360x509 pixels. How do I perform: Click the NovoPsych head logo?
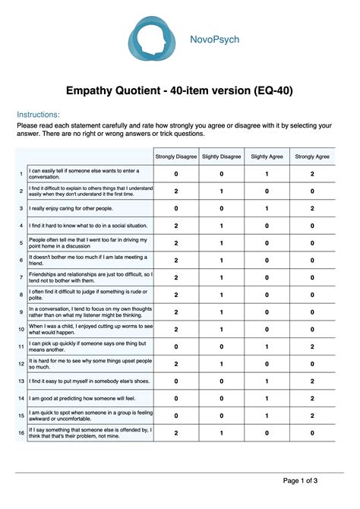[152, 37]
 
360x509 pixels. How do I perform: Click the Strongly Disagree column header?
[176, 156]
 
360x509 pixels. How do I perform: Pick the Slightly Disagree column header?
[222, 156]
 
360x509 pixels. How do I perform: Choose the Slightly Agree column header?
[267, 156]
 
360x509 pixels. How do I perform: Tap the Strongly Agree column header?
[312, 156]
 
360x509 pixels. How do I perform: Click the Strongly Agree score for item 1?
[312, 174]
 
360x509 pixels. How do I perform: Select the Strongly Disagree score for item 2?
[176, 191]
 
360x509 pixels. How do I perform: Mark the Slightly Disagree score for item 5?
[222, 243]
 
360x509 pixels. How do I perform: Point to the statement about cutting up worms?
[90, 329]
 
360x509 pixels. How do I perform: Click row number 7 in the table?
[21, 277]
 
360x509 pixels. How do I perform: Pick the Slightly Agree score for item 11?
[267, 346]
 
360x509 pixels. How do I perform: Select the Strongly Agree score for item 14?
[312, 398]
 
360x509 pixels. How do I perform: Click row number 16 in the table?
[21, 432]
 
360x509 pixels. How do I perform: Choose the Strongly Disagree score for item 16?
[176, 432]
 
